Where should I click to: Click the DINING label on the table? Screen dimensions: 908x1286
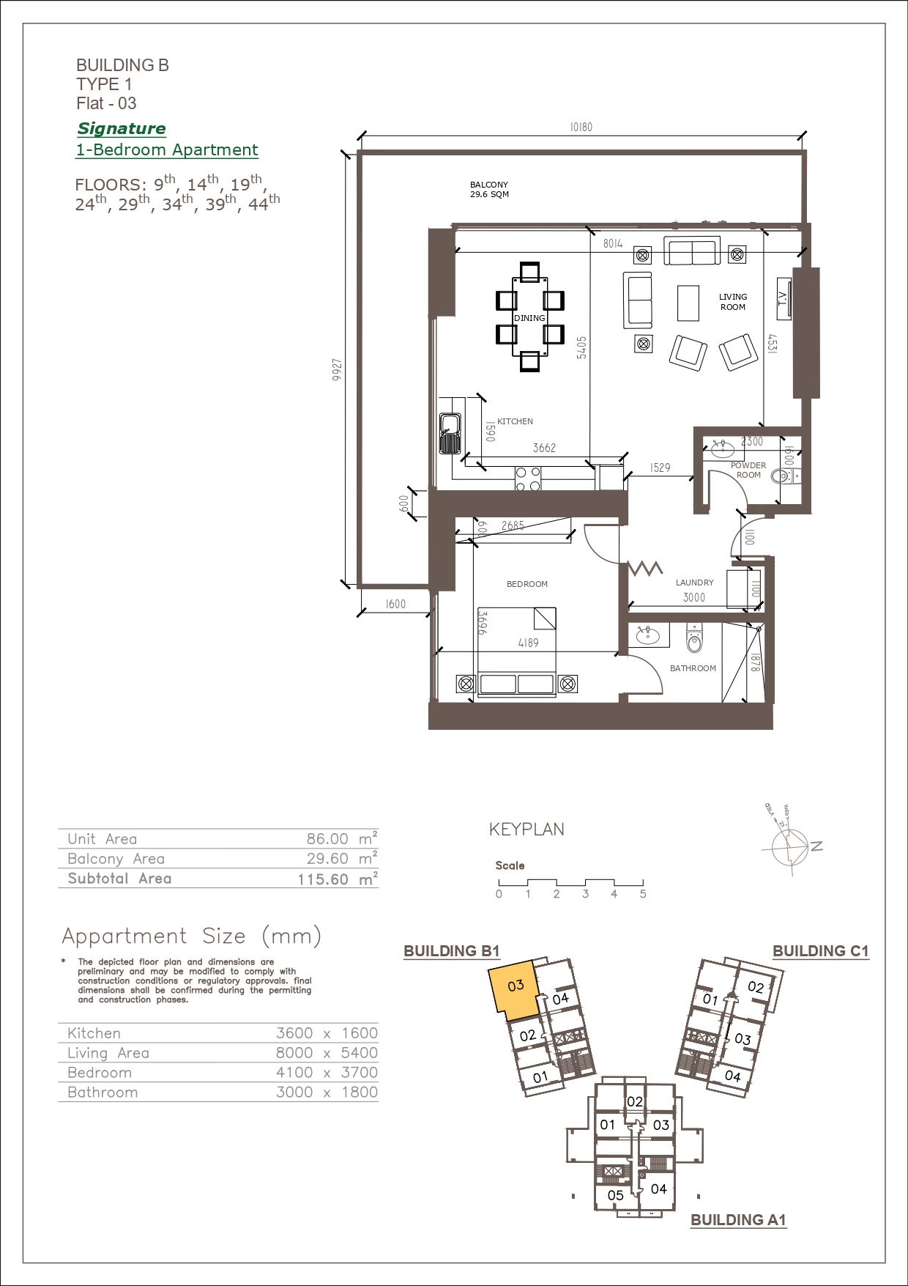(x=529, y=318)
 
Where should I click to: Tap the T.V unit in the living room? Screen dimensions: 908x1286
(x=784, y=298)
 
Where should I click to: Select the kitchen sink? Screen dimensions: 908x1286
(x=450, y=434)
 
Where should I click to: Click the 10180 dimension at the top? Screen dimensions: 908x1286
(x=581, y=127)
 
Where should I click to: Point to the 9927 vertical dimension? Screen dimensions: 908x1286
(x=337, y=369)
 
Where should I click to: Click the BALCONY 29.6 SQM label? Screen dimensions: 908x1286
(x=489, y=190)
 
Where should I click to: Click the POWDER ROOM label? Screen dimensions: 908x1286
(x=748, y=470)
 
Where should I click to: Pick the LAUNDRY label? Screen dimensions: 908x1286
(x=694, y=583)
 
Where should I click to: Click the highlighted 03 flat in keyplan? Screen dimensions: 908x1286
(x=516, y=989)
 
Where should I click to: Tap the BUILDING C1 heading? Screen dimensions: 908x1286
(x=821, y=951)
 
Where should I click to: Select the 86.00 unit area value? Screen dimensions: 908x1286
(x=327, y=839)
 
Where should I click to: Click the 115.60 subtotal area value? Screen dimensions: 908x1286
(x=323, y=879)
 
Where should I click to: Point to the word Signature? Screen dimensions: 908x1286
(x=122, y=129)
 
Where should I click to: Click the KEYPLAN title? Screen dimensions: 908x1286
(x=526, y=829)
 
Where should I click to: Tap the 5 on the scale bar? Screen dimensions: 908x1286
(x=643, y=894)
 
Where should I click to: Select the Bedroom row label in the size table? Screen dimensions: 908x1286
(x=100, y=1073)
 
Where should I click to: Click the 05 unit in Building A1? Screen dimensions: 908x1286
(x=616, y=1195)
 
